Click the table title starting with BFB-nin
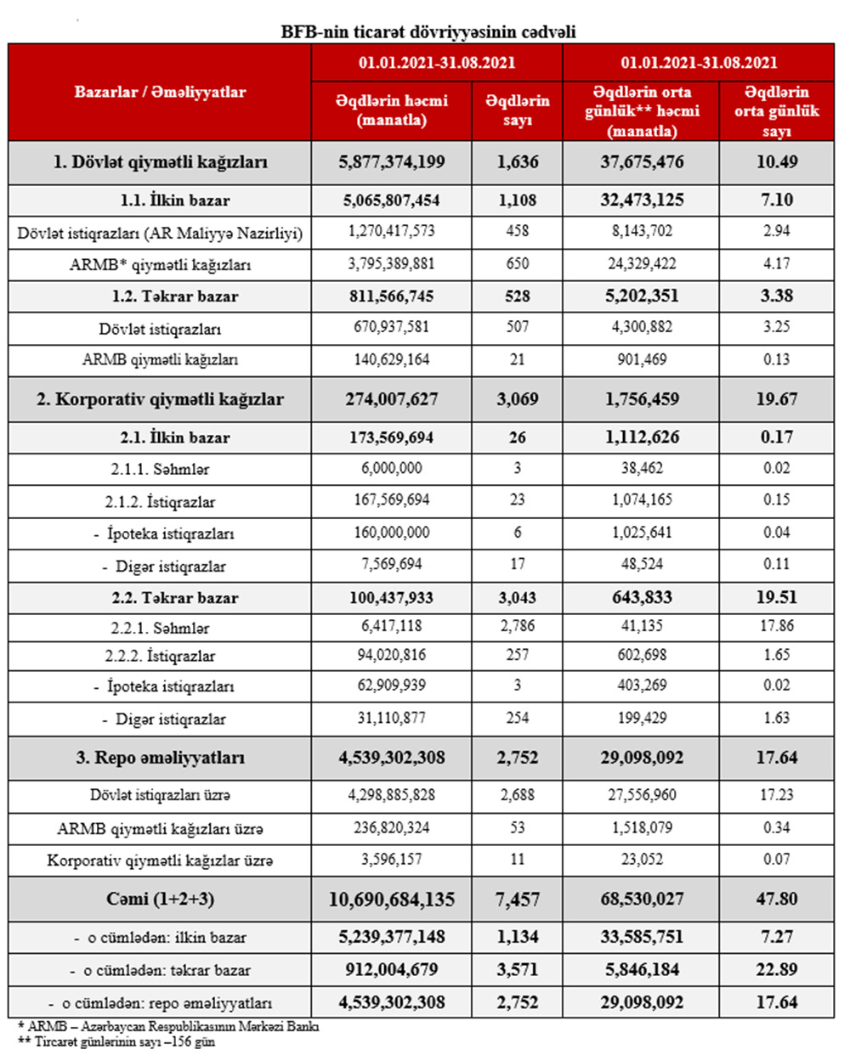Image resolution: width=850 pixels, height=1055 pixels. pyautogui.click(x=428, y=31)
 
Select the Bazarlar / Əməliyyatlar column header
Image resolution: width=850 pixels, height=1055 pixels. pyautogui.click(x=160, y=92)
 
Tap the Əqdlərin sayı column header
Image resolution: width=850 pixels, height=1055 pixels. pyautogui.click(x=517, y=110)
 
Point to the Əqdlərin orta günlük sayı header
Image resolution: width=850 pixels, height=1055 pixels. pyautogui.click(x=777, y=110)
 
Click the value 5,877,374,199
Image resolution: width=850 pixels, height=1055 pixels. pyautogui.click(x=391, y=161)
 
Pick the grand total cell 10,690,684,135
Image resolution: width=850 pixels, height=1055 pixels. pyautogui.click(x=391, y=899)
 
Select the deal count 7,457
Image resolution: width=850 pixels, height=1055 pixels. pyautogui.click(x=517, y=899)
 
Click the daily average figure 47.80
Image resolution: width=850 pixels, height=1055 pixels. pyautogui.click(x=777, y=899)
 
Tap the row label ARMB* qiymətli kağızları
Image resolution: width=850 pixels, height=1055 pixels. pyautogui.click(x=160, y=264)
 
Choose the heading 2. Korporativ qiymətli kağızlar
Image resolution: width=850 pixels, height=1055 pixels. pyautogui.click(x=160, y=399)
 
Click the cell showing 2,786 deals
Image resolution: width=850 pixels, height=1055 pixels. pyautogui.click(x=517, y=628)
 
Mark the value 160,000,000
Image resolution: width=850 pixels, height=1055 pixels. pyautogui.click(x=391, y=533)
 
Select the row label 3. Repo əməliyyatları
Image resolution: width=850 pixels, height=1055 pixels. pyautogui.click(x=160, y=758)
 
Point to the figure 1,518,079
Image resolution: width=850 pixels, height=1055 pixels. pyautogui.click(x=642, y=827)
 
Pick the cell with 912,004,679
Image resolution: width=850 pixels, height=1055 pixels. pyautogui.click(x=391, y=969)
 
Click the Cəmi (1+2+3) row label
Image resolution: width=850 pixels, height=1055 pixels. pyautogui.click(x=160, y=899)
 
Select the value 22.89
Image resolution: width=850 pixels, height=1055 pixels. pyautogui.click(x=777, y=969)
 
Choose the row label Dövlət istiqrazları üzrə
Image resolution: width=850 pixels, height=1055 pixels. pyautogui.click(x=160, y=795)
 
